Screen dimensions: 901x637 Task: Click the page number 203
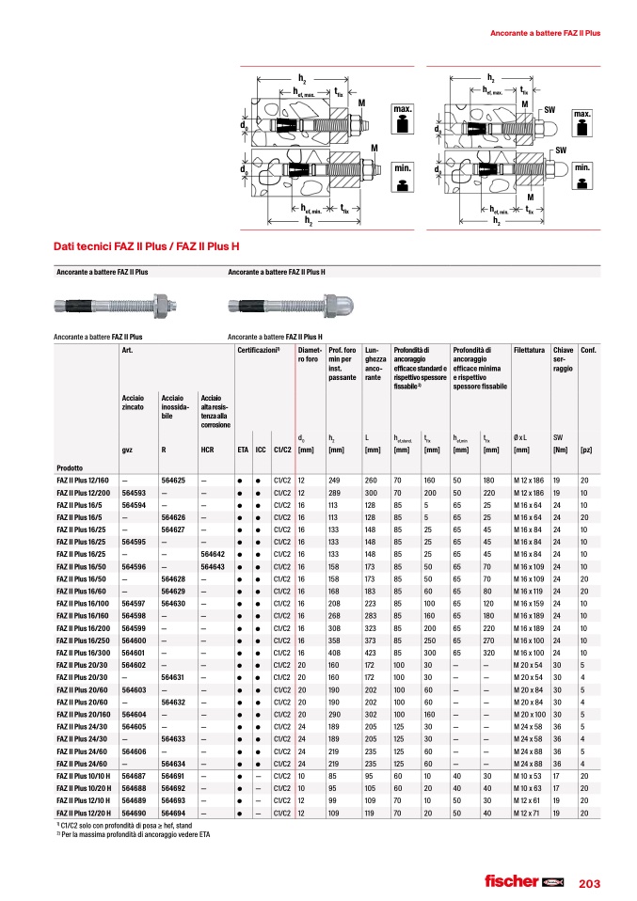tap(590, 883)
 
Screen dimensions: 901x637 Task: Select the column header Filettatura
tap(533, 350)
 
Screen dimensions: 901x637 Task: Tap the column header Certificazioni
tap(260, 350)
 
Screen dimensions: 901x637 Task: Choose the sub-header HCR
tap(207, 450)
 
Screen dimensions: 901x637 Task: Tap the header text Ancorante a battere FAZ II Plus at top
tap(546, 33)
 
